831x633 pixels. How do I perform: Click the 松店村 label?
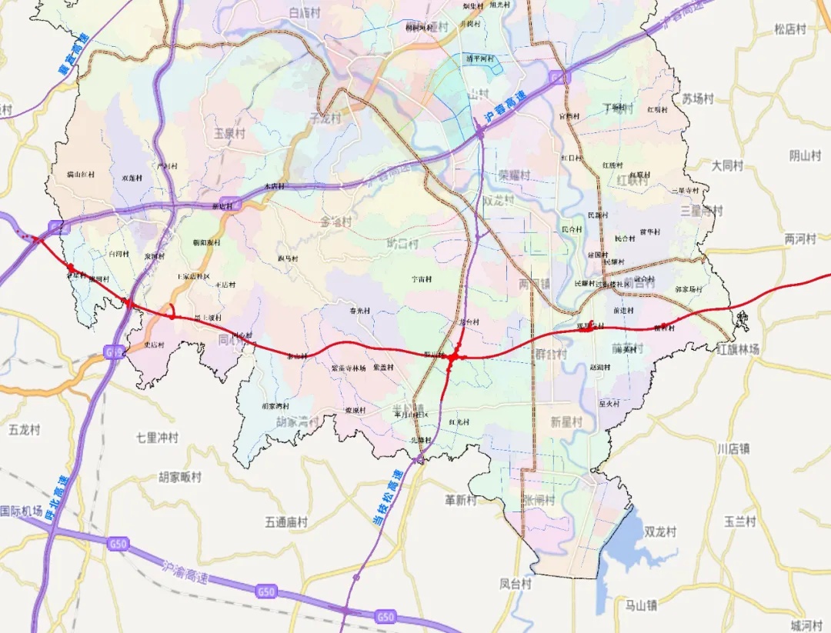pyautogui.click(x=790, y=29)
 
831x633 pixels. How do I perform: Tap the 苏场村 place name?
pyautogui.click(x=698, y=98)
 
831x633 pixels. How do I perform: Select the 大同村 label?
pyautogui.click(x=727, y=165)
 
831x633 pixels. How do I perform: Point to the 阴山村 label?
pyautogui.click(x=806, y=155)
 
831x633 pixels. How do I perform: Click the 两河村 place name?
pyautogui.click(x=800, y=239)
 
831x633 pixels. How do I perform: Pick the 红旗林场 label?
pyautogui.click(x=738, y=349)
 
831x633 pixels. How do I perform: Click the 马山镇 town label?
pyautogui.click(x=641, y=605)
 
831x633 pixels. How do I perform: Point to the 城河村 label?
pyautogui.click(x=806, y=625)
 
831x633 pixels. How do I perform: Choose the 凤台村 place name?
pyautogui.click(x=516, y=584)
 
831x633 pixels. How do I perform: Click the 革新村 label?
pyautogui.click(x=461, y=500)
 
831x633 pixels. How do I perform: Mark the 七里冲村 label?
pyautogui.click(x=157, y=438)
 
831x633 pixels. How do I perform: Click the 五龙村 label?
pyautogui.click(x=24, y=429)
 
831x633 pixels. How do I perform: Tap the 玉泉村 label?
pyautogui.click(x=229, y=133)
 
